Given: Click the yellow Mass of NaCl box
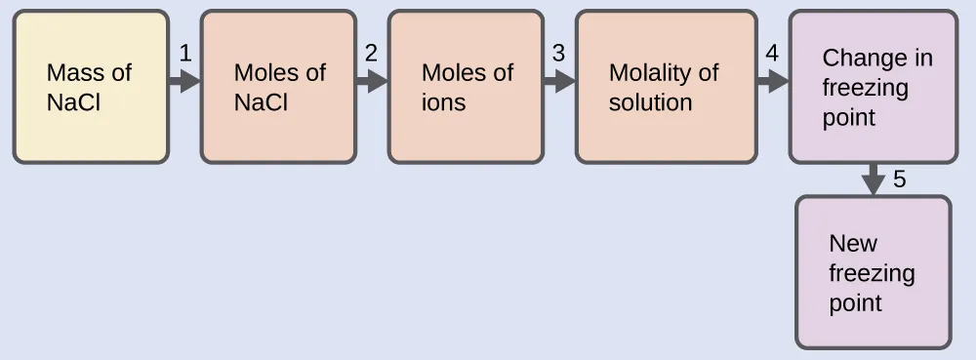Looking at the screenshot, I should [91, 87].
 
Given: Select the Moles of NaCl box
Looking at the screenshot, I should [278, 87].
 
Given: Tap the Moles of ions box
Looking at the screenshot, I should [466, 87].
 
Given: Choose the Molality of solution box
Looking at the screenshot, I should [666, 87].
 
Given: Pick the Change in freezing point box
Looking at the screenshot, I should [873, 87].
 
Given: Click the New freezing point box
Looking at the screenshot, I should [874, 272].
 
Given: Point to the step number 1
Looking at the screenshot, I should [183, 55].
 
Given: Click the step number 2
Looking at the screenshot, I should [371, 55].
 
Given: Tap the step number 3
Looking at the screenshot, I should [558, 55].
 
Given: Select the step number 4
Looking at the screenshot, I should [771, 55].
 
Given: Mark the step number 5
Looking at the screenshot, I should [899, 180].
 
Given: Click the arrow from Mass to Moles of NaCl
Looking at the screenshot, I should [184, 81].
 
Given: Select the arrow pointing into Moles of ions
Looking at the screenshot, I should [372, 81].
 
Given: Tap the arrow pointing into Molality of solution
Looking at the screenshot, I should [559, 81].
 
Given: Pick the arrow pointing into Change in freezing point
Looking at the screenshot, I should [772, 81].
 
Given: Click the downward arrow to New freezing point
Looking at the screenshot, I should [874, 180].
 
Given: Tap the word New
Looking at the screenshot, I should [852, 244].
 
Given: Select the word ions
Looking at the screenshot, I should [443, 102].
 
